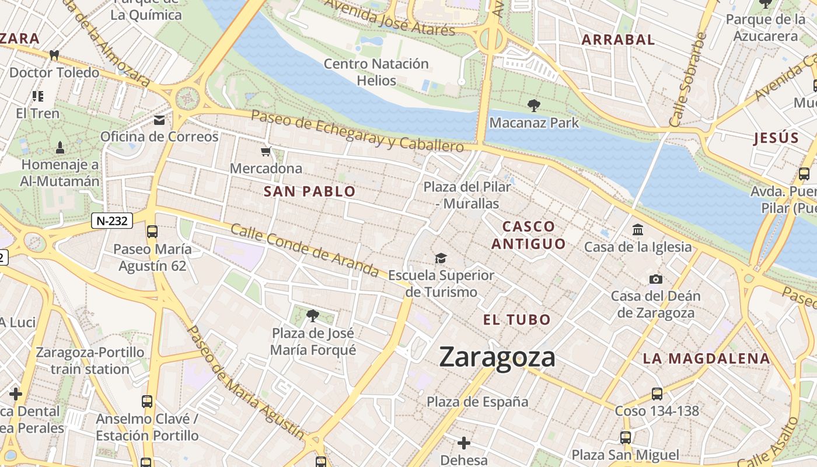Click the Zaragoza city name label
tap(497, 357)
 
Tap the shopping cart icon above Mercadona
tap(266, 152)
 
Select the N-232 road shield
tap(112, 221)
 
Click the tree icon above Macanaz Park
tap(533, 106)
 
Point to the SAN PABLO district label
tap(309, 191)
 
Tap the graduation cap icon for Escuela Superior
tap(441, 258)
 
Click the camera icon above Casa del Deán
tap(656, 279)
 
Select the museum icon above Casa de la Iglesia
tap(638, 229)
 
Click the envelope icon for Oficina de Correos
tap(159, 120)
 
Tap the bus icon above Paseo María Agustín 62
tap(152, 232)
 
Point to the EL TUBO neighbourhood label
tap(517, 319)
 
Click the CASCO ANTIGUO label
tap(528, 235)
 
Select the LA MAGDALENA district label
tap(706, 358)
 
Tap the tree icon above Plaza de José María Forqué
tap(313, 316)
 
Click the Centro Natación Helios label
tap(376, 72)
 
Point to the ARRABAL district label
tap(619, 40)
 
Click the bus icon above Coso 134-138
tap(657, 394)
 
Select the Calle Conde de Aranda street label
tap(305, 249)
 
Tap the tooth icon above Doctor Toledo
tap(54, 55)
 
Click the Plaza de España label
tap(477, 402)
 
